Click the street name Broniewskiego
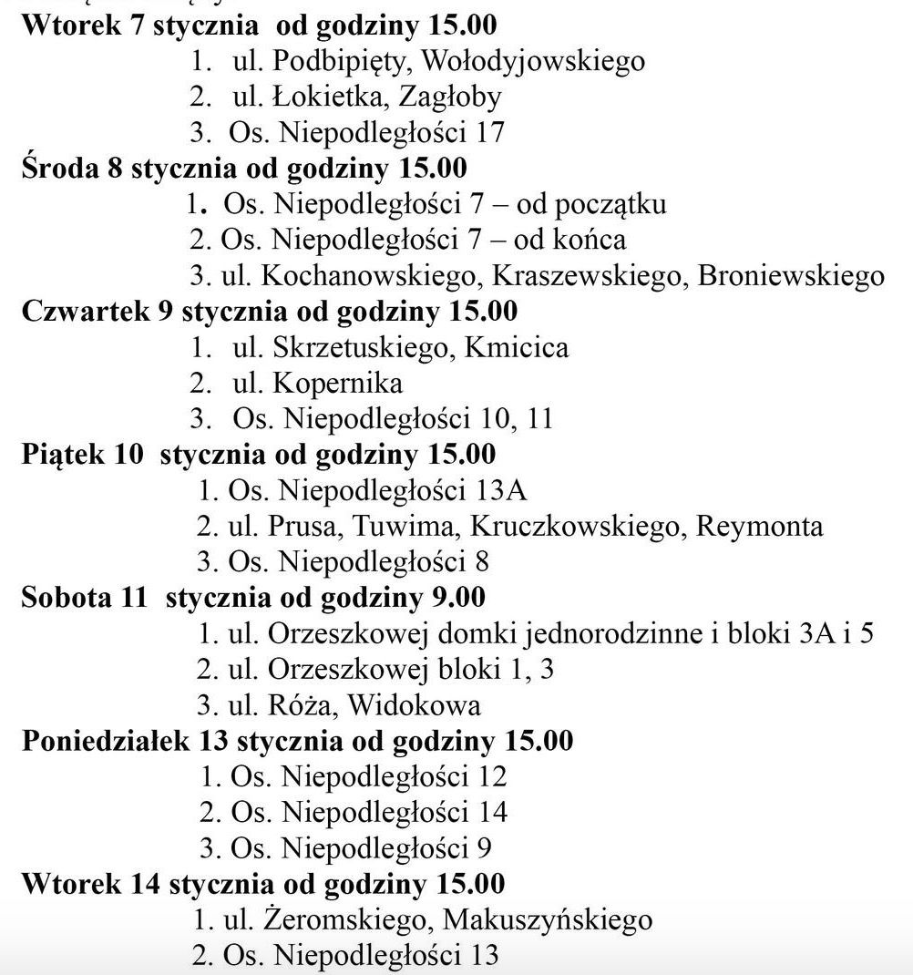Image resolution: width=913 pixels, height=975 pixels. point(791,275)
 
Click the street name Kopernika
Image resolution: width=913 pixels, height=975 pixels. point(338,383)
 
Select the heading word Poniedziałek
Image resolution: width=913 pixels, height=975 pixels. point(105,741)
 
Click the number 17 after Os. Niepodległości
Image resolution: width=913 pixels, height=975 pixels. point(489,133)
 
